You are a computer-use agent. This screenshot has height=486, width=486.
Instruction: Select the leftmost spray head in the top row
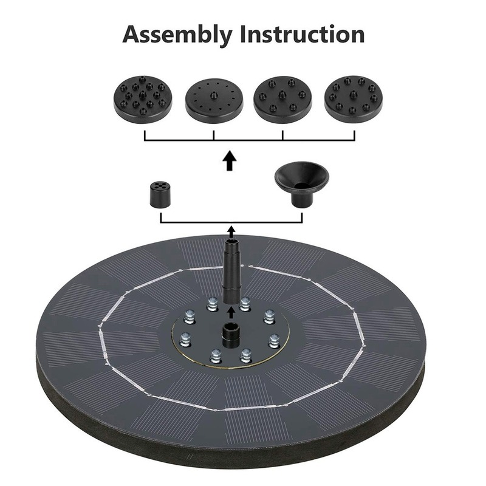coord(142,98)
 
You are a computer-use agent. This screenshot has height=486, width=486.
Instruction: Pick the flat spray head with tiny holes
coord(214,98)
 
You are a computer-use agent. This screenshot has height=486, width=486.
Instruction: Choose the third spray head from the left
coord(282,98)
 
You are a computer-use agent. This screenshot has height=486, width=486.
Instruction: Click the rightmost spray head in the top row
coord(354,98)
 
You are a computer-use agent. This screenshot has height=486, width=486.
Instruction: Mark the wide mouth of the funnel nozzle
coord(302,173)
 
